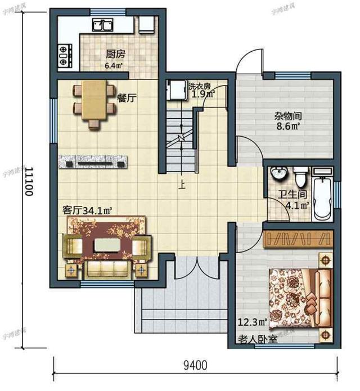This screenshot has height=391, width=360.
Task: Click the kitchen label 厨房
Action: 115,55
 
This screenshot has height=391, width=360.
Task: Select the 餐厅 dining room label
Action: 128,97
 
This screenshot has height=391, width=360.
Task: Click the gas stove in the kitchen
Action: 65,55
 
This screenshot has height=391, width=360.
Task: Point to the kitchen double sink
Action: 103,25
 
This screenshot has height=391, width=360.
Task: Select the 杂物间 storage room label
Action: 287,116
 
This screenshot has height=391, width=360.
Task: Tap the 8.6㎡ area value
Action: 287,127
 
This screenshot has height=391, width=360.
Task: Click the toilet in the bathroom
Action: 300,178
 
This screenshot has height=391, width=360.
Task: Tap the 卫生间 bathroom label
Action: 293,196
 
